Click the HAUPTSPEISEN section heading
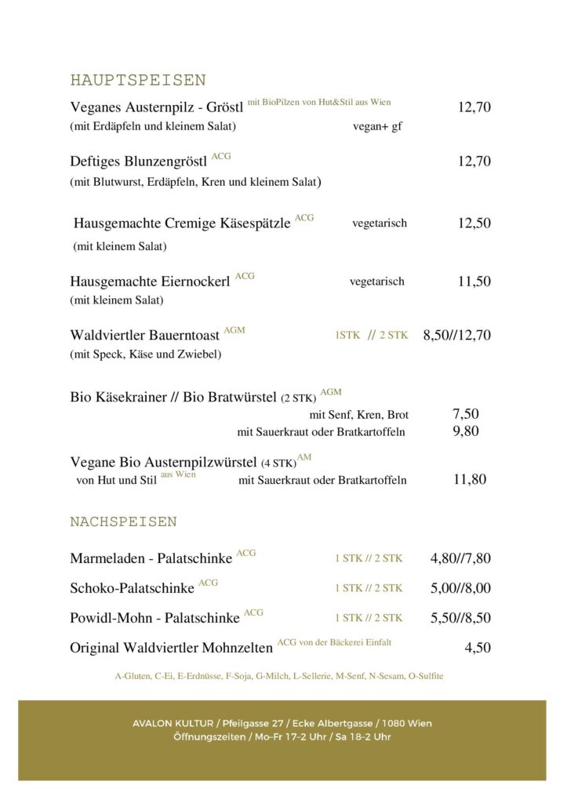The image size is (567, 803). [138, 80]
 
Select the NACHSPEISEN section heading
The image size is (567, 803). [123, 521]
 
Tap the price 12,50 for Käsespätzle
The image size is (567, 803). [474, 223]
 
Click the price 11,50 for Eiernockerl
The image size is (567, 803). [474, 282]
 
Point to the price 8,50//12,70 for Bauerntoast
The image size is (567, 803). [456, 336]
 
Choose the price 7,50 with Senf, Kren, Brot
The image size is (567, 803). [466, 414]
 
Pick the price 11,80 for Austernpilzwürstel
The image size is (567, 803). [470, 479]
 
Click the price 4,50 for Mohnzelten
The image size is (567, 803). [478, 648]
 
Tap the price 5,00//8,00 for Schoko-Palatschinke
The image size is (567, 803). [460, 588]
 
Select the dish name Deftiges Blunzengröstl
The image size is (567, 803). [139, 162]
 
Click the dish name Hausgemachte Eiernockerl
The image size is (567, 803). [150, 282]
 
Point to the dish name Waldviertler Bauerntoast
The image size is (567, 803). [145, 336]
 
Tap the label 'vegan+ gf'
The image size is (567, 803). [377, 126]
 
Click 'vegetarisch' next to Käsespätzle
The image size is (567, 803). [380, 223]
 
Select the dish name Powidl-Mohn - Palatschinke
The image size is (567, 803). [154, 618]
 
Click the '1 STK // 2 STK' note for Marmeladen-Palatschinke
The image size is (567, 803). [368, 558]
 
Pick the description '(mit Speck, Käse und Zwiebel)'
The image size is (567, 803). [146, 354]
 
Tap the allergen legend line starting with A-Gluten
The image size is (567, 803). [279, 676]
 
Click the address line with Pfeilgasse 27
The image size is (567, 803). [282, 723]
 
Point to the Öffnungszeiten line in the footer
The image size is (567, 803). [282, 737]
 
